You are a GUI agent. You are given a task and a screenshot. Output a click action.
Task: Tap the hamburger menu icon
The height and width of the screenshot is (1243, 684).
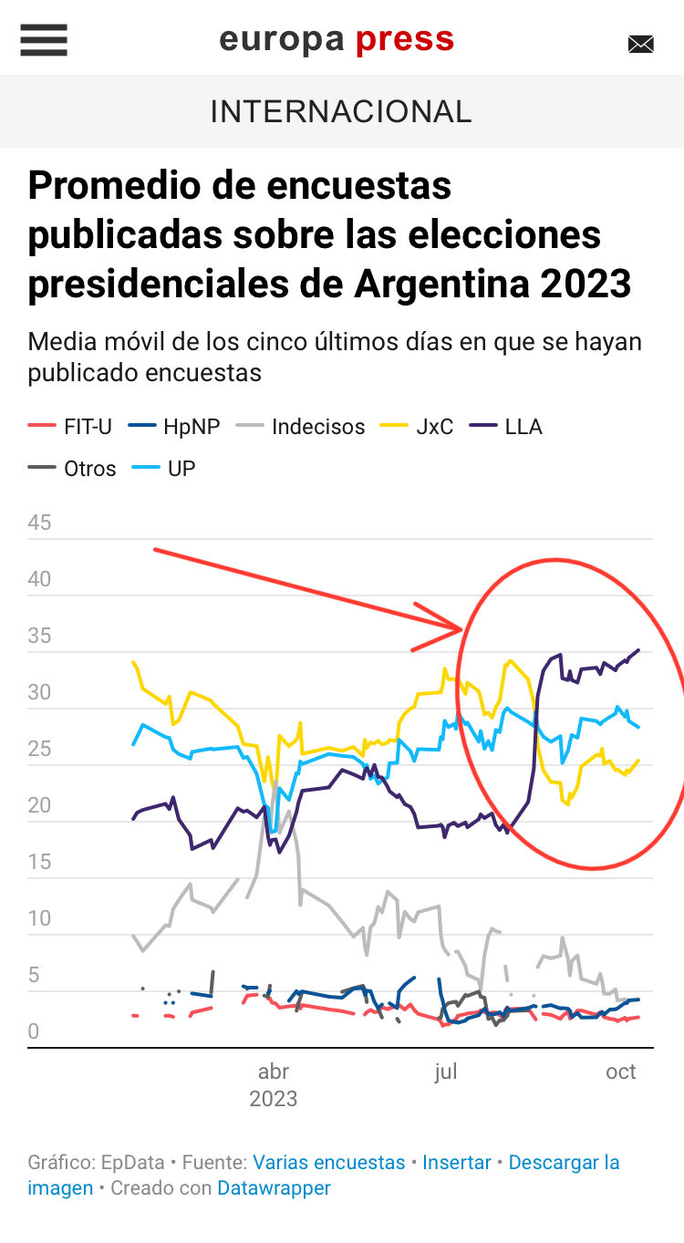44,40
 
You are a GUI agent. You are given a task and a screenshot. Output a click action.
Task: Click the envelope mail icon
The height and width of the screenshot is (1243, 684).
641,44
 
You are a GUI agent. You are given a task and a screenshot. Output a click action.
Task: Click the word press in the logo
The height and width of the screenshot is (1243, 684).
404,39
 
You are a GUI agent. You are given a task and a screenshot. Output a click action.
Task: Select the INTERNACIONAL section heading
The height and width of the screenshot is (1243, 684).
341,111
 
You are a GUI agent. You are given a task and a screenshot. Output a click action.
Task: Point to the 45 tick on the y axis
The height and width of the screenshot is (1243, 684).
39,523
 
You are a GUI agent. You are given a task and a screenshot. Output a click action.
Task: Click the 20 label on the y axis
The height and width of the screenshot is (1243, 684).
39,805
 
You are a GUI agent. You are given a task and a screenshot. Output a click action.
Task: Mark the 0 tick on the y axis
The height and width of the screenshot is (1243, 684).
34,1031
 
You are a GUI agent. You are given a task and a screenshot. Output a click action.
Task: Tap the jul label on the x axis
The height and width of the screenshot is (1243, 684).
445,1072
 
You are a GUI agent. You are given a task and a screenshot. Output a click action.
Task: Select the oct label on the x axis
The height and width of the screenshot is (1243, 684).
621,1072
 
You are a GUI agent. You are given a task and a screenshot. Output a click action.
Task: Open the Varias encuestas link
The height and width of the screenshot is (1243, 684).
328,1163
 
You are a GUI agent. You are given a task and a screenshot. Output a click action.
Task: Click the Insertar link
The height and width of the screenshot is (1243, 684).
456,1163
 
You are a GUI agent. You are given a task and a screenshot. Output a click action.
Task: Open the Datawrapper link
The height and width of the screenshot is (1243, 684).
274,1188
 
